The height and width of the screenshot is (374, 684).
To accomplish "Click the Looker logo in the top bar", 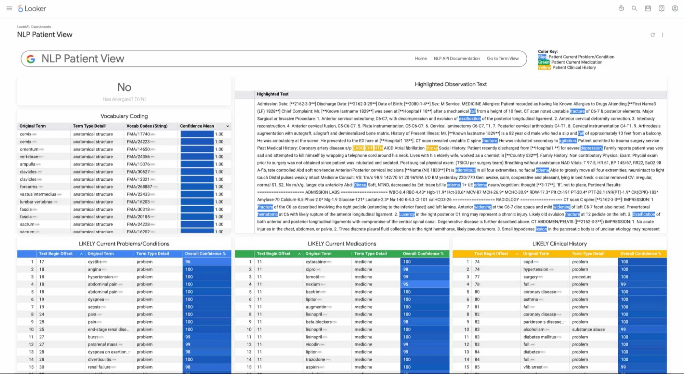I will (32, 9).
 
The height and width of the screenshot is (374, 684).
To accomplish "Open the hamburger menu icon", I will (9, 9).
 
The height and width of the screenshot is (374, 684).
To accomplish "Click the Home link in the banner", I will (421, 59).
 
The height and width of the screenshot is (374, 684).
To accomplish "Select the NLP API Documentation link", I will (457, 59).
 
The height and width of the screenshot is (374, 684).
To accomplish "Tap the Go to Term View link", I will (502, 59).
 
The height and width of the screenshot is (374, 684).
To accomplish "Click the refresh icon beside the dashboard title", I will (653, 35).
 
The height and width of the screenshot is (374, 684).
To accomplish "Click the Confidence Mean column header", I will (197, 126).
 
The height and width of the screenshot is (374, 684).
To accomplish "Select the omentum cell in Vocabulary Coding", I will (29, 149).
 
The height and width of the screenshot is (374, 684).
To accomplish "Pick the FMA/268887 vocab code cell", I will (139, 187).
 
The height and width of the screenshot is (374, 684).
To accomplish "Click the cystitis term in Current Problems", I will (95, 262).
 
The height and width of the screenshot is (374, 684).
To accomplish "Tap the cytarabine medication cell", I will (316, 262).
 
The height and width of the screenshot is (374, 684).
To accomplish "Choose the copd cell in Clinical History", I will (528, 262).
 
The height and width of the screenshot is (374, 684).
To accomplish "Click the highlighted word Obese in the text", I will (360, 185).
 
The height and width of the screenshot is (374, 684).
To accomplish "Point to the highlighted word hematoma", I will (267, 215).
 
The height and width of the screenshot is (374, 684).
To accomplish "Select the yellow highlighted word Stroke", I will (432, 148).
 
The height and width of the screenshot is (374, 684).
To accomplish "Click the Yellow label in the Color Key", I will (544, 68).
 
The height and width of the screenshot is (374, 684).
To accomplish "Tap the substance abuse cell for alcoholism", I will (588, 330).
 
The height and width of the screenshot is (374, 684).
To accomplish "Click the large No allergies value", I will (124, 87).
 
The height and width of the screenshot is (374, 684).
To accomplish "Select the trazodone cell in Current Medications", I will (315, 360).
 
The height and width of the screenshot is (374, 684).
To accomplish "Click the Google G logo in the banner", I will (31, 59).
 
